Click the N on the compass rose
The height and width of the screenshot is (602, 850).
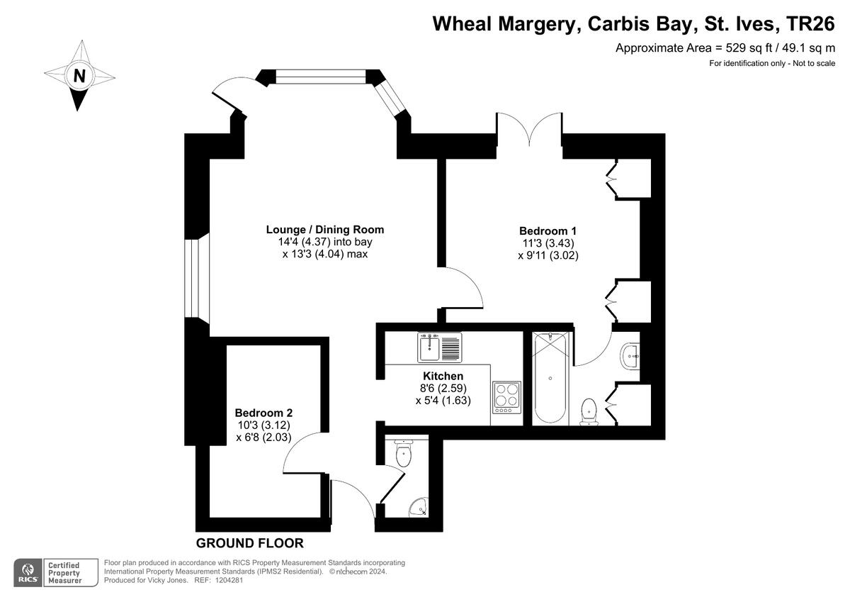[79, 75]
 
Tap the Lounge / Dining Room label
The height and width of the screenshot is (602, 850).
[324, 229]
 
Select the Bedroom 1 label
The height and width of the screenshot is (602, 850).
[548, 230]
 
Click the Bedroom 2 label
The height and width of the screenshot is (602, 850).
[263, 413]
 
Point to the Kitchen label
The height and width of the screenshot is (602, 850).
[443, 376]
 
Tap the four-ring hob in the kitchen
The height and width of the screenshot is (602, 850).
[507, 398]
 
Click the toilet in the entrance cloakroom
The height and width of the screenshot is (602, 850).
[403, 453]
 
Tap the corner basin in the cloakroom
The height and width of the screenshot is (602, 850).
[418, 507]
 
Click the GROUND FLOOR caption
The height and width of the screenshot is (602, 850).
[249, 543]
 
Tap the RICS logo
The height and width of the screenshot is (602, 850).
[29, 572]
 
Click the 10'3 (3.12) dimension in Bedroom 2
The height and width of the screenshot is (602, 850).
[263, 425]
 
